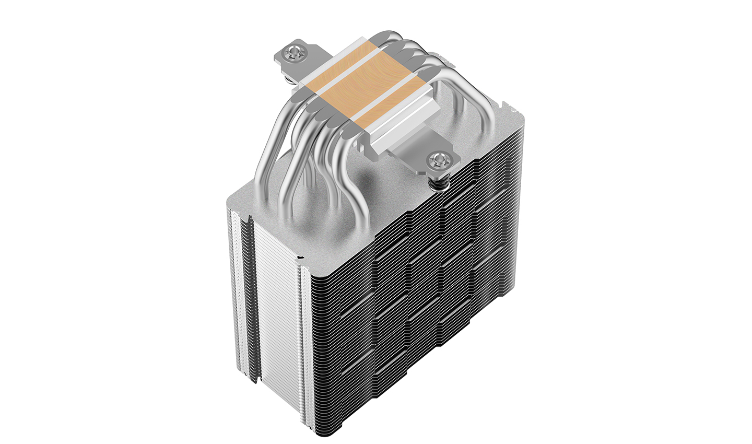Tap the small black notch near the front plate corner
[300, 259]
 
